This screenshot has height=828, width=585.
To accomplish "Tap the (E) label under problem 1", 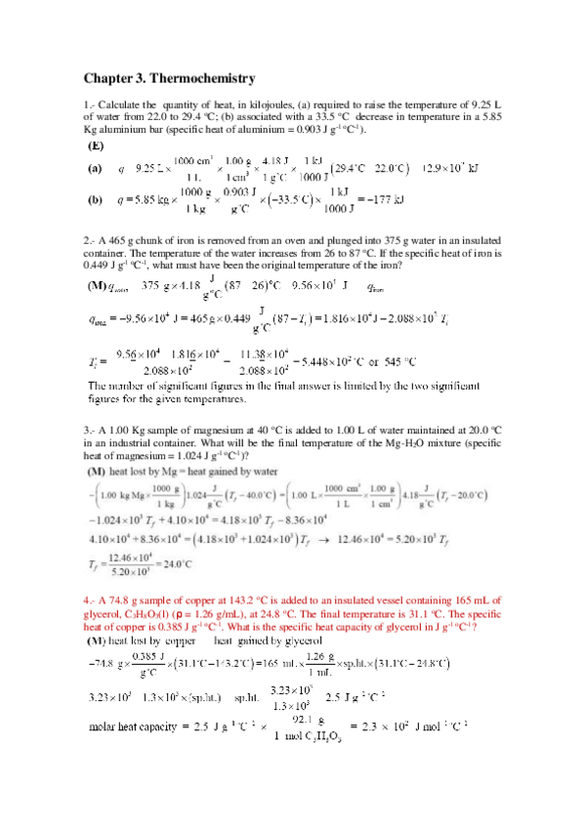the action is tap(96, 145).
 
